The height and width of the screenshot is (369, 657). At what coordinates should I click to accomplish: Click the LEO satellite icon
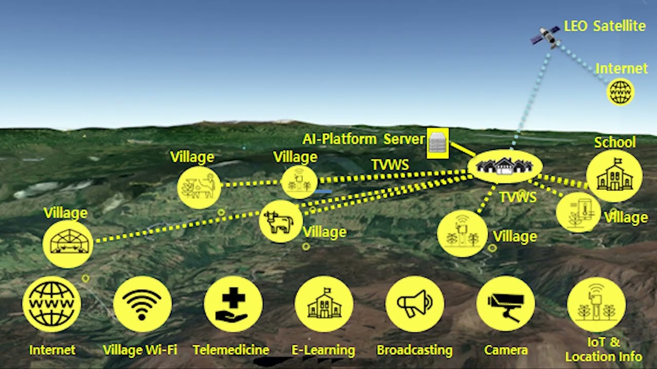545,36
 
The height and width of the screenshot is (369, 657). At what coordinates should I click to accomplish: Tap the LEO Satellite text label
605,26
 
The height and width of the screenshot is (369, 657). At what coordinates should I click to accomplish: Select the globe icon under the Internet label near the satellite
621,92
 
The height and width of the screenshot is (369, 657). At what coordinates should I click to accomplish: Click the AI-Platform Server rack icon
437,143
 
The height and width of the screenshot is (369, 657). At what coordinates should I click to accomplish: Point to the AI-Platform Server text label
363,139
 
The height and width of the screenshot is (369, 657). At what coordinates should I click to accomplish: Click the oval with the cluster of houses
505,166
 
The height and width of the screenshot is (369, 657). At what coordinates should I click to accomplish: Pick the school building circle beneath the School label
614,176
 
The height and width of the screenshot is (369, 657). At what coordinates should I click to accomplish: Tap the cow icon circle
280,221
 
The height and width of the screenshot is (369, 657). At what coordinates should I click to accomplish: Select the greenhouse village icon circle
68,244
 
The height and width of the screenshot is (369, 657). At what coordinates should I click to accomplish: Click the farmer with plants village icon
199,188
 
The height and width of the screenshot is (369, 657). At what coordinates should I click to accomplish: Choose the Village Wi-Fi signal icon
142,304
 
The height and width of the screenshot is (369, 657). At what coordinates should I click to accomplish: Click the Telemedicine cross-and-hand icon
233,304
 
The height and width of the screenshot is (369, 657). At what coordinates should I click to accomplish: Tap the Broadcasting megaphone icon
414,304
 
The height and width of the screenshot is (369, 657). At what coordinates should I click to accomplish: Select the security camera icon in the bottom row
506,304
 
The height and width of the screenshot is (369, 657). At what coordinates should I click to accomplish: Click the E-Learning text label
323,351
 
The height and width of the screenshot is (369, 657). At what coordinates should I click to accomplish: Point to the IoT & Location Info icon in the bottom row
596,304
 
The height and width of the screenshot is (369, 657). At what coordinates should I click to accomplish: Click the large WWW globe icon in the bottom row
51,304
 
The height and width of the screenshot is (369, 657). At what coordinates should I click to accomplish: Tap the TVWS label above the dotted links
390,165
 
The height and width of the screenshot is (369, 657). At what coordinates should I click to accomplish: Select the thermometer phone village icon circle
578,212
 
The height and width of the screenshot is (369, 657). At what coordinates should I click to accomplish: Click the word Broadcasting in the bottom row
414,351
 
